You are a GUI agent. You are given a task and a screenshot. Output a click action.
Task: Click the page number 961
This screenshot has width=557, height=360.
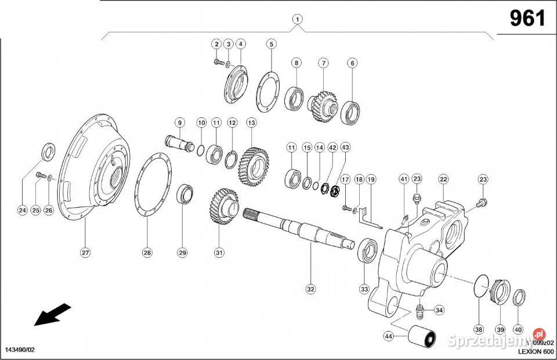pos(527,19)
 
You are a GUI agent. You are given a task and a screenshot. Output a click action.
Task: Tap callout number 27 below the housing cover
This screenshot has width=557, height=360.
pos(85,252)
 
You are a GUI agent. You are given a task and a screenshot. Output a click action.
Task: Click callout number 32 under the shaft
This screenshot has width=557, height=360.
pos(310,289)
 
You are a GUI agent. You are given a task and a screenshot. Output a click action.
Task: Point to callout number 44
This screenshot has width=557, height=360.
pos(388,336)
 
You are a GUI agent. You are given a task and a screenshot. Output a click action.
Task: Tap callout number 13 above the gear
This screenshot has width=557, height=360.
pos(251,123)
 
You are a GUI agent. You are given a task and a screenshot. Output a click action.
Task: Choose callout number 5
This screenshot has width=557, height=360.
pos(271,44)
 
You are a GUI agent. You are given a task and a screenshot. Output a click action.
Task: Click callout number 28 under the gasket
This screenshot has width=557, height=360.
pos(147,252)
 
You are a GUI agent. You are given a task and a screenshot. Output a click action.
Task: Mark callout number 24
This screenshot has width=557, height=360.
pos(22,210)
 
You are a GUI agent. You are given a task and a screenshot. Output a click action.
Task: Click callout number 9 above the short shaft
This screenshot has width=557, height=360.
pos(180,123)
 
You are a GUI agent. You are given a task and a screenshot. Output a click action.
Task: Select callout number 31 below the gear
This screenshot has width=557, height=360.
pos(219,252)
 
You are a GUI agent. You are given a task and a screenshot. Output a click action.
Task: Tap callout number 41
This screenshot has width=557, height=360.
pos(404,179)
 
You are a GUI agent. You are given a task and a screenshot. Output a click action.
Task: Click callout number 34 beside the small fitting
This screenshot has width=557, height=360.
pos(439,310)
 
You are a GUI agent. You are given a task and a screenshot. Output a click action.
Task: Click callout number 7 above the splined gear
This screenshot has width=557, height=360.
pos(323,63)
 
